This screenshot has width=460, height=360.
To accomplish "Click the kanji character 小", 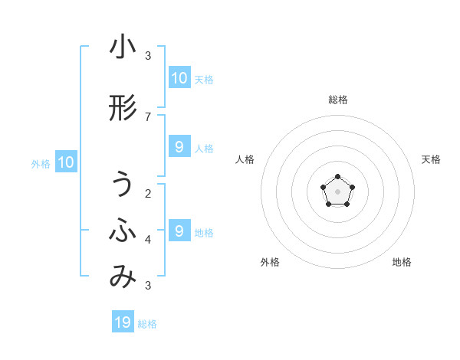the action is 123,47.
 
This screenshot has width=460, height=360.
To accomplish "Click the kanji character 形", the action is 123,109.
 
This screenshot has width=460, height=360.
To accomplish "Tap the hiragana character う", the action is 123,185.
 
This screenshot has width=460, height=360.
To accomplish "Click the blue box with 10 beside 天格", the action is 179,78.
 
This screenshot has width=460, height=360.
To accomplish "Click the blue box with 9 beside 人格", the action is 179,147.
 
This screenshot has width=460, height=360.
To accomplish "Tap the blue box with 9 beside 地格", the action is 179,231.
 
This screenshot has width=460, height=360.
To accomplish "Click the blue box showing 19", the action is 123,322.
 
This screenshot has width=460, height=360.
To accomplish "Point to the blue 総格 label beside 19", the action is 147,324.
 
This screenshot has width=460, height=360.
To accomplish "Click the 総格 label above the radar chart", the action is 337,100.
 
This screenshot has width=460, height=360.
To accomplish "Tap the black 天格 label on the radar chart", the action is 431,159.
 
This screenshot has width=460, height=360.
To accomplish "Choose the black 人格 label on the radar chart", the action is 245,159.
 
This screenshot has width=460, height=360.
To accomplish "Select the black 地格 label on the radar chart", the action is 402,262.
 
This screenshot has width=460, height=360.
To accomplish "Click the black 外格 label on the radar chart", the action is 270,262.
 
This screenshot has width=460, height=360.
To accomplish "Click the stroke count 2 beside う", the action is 148,193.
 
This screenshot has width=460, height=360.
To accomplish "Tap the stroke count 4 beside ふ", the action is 148,240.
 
